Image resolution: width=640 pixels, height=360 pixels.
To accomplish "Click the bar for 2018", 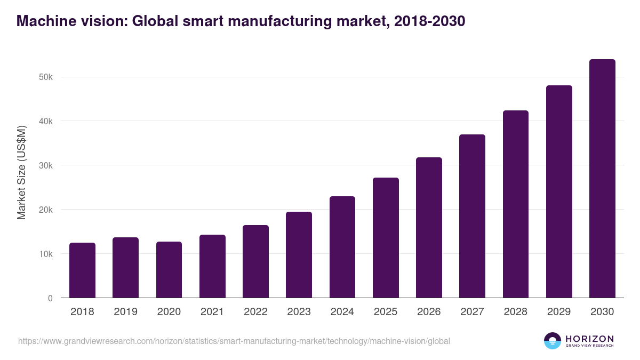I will [82, 270].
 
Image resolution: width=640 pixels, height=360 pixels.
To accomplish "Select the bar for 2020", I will [169, 270].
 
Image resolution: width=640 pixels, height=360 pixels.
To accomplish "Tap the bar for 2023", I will [299, 255].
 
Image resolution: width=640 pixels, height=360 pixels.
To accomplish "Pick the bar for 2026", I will [429, 228].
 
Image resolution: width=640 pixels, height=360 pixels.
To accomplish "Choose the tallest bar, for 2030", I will [602, 179].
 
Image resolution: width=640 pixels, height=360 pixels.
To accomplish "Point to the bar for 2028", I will [515, 204].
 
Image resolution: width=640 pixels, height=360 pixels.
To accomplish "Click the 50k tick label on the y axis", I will [46, 77].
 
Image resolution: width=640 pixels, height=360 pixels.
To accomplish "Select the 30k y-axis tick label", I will [46, 165].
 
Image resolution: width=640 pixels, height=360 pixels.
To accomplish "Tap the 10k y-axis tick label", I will [46, 254].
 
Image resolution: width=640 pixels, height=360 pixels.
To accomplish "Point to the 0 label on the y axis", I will [50, 298].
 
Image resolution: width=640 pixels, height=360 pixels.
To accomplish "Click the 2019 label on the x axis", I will [125, 312].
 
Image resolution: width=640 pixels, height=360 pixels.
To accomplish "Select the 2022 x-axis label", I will [255, 312].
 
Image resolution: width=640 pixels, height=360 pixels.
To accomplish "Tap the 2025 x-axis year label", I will [386, 312].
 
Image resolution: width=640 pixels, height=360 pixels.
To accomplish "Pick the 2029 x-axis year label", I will [559, 312].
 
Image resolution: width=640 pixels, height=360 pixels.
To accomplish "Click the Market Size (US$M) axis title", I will [21, 173].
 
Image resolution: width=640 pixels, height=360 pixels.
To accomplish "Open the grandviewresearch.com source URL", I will [234, 341].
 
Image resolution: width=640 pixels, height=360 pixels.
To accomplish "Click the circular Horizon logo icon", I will [553, 341].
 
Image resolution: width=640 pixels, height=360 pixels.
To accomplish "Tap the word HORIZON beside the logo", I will [589, 338].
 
